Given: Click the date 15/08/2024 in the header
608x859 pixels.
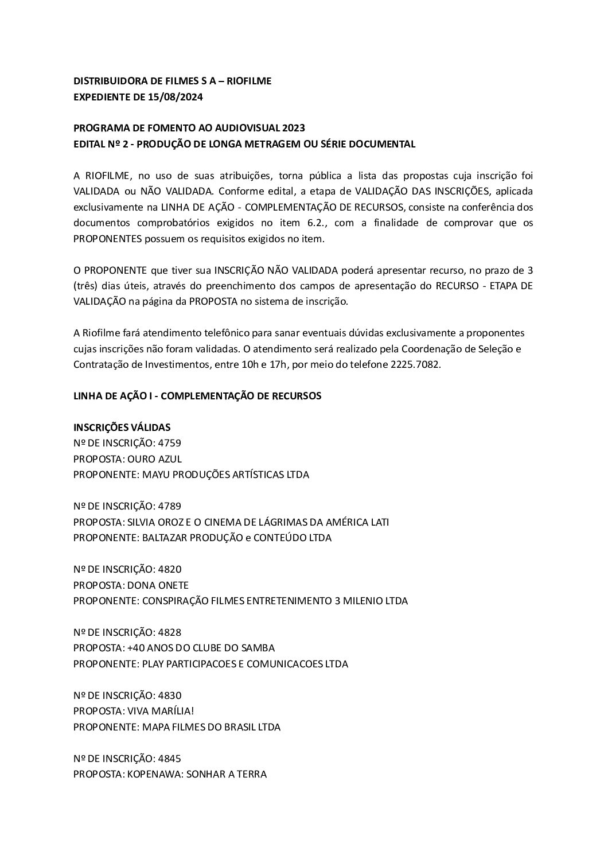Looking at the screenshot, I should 177,97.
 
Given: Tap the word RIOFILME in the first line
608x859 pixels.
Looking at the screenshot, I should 249,81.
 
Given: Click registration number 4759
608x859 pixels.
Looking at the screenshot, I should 170,443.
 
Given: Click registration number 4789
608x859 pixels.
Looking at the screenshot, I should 170,506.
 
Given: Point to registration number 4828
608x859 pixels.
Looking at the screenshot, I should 170,632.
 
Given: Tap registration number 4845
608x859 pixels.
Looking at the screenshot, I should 170,759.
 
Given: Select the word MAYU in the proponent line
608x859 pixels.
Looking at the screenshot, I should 146,475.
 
